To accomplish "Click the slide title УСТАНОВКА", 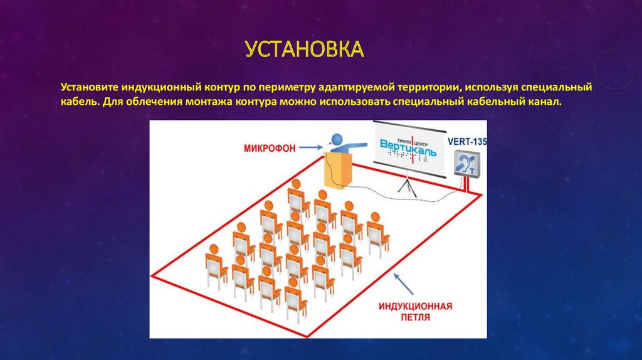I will [x=304, y=49].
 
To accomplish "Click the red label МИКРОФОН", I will [x=270, y=148].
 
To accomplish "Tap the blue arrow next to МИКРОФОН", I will [x=311, y=148].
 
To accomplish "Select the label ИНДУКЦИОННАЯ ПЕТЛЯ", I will [x=416, y=312].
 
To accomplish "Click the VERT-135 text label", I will [x=467, y=141].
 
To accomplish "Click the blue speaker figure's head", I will [x=339, y=137].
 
